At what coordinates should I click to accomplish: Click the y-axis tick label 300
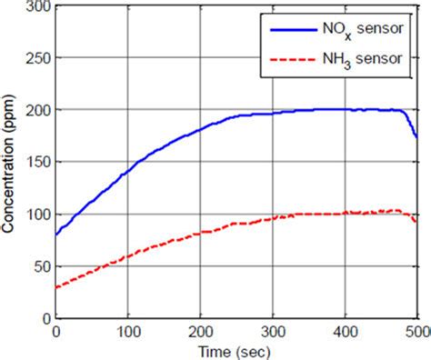tap(39, 5)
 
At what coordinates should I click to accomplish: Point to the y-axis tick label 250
tap(39, 57)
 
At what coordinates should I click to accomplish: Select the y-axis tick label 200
tap(39, 110)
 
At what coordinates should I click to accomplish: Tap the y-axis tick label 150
tap(39, 163)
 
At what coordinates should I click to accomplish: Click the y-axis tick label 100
tap(39, 215)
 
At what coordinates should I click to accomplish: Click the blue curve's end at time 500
tap(416, 137)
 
